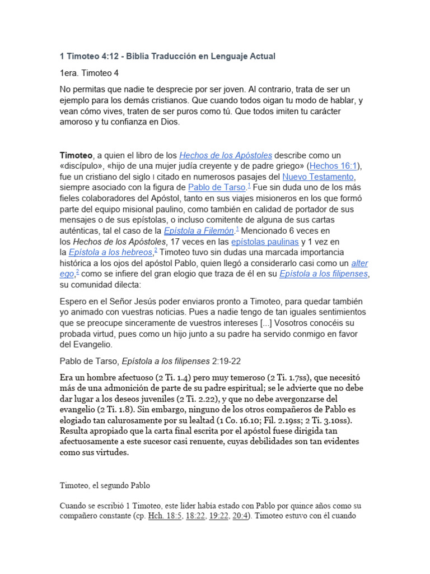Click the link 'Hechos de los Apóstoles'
pyautogui.click(x=225, y=155)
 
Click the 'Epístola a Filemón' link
pyautogui.click(x=199, y=231)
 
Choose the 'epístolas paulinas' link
pyautogui.click(x=265, y=242)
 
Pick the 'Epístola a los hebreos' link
pyautogui.click(x=111, y=252)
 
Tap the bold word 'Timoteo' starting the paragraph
pyautogui.click(x=76, y=155)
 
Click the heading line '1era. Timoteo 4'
pyautogui.click(x=89, y=73)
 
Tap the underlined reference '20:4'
pyautogui.click(x=239, y=516)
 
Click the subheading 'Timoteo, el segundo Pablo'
pyautogui.click(x=105, y=485)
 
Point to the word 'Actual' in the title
pyautogui.click(x=261, y=57)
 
